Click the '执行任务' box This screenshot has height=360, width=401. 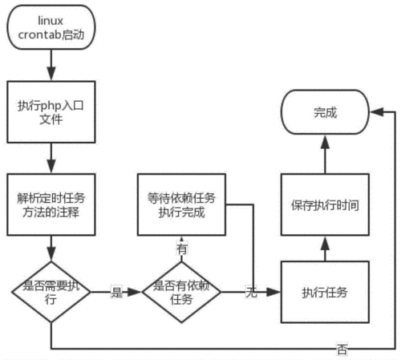point(325,292)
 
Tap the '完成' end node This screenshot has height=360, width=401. point(325,114)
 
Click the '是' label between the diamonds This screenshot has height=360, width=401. point(115,293)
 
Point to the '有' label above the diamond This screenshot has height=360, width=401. point(182,249)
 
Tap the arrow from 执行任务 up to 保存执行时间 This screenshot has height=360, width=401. point(325,249)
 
